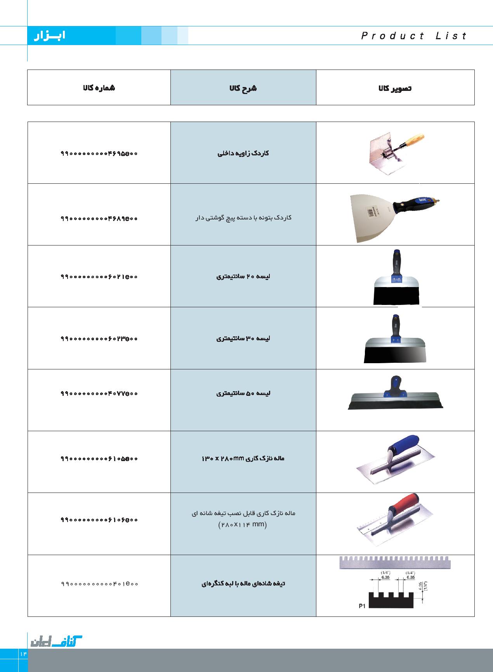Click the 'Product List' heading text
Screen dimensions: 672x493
coord(414,36)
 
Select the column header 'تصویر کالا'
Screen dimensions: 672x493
coord(395,88)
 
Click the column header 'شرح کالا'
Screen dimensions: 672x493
coord(243,88)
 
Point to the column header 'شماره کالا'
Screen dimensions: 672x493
coord(99,88)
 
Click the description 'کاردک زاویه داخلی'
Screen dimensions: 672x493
coord(243,153)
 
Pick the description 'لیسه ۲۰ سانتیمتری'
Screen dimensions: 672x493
coord(243,277)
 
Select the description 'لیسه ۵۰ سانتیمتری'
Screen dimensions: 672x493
coord(243,393)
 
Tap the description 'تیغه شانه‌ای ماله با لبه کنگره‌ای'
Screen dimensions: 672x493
coord(243,583)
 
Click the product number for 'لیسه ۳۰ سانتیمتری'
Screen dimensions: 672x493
coord(99,339)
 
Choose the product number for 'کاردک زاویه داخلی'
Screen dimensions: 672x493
coord(99,153)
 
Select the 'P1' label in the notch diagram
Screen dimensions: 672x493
coord(362,606)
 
